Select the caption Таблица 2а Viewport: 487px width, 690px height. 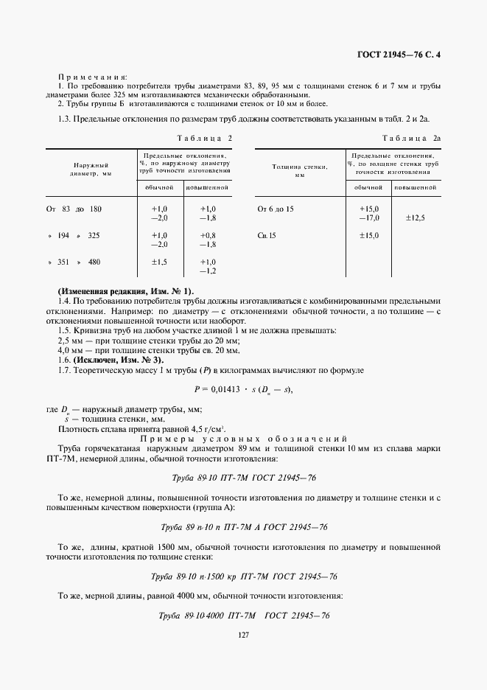[x=411, y=139]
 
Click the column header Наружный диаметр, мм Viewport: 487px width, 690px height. [x=92, y=170]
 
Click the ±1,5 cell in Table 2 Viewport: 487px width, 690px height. [x=159, y=262]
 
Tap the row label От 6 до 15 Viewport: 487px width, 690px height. [x=276, y=209]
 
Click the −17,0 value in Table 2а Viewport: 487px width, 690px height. [x=368, y=218]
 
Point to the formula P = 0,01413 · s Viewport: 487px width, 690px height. [x=243, y=388]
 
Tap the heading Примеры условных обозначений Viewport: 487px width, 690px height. [x=244, y=438]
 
